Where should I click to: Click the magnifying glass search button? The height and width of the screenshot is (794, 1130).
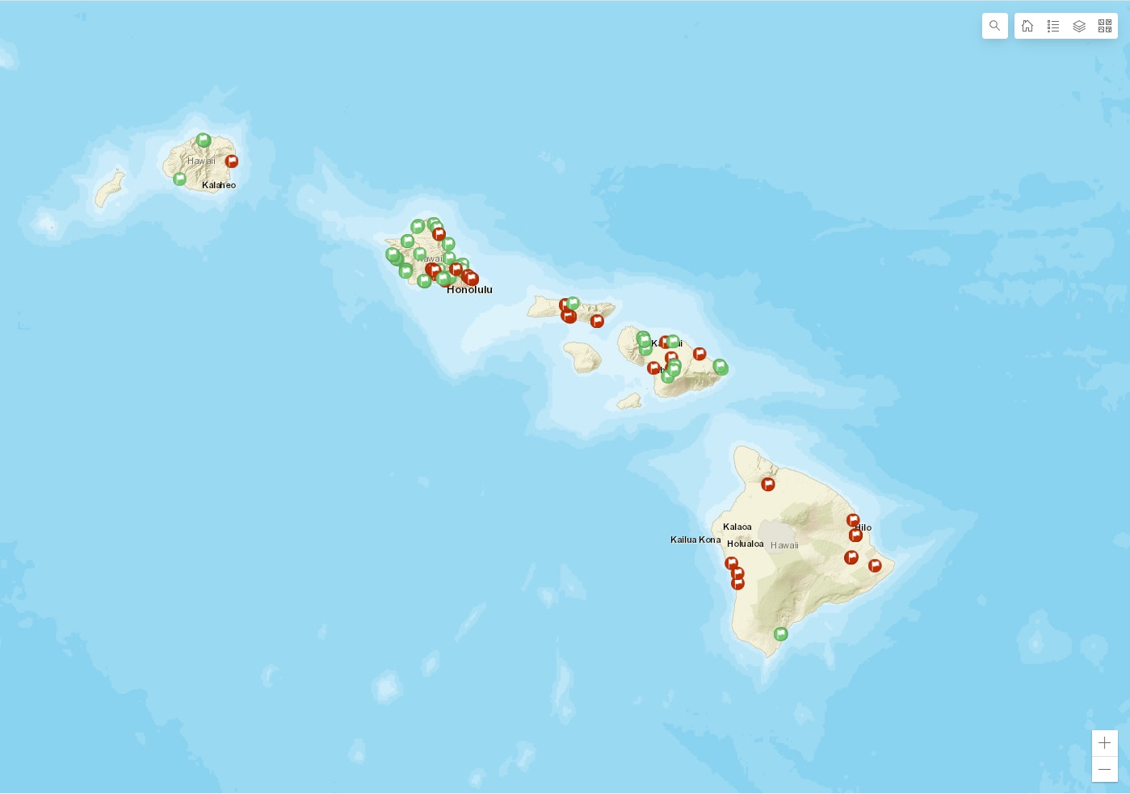(994, 26)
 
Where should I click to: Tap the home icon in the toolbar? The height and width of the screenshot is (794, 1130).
(1027, 26)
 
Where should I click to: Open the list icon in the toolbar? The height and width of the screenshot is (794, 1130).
(1053, 26)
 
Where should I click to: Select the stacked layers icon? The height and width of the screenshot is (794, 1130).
(1079, 26)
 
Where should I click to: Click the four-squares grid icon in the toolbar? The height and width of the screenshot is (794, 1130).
(1105, 26)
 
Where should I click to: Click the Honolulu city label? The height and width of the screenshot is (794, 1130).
(469, 290)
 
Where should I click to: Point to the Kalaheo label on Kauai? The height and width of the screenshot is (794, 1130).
(219, 185)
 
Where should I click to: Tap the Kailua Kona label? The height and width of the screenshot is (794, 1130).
(695, 540)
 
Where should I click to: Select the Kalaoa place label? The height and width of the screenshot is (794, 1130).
(737, 527)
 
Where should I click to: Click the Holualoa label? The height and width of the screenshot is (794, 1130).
(745, 544)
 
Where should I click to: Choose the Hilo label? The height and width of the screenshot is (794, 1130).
(864, 527)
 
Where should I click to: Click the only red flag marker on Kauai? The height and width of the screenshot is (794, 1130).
(232, 162)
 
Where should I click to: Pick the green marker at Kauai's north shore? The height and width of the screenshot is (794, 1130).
(204, 141)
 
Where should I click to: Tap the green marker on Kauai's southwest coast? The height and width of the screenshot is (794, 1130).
(179, 179)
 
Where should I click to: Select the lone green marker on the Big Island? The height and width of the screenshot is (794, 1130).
(780, 634)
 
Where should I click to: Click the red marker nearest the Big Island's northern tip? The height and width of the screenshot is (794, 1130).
(768, 485)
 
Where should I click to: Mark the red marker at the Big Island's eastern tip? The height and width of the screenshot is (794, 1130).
(875, 565)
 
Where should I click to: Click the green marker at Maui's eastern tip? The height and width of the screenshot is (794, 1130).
(720, 368)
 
